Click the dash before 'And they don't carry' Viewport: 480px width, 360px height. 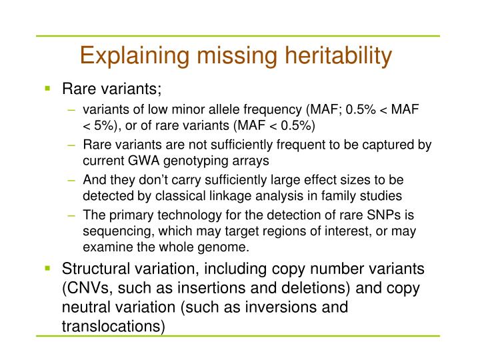click(x=71, y=180)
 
